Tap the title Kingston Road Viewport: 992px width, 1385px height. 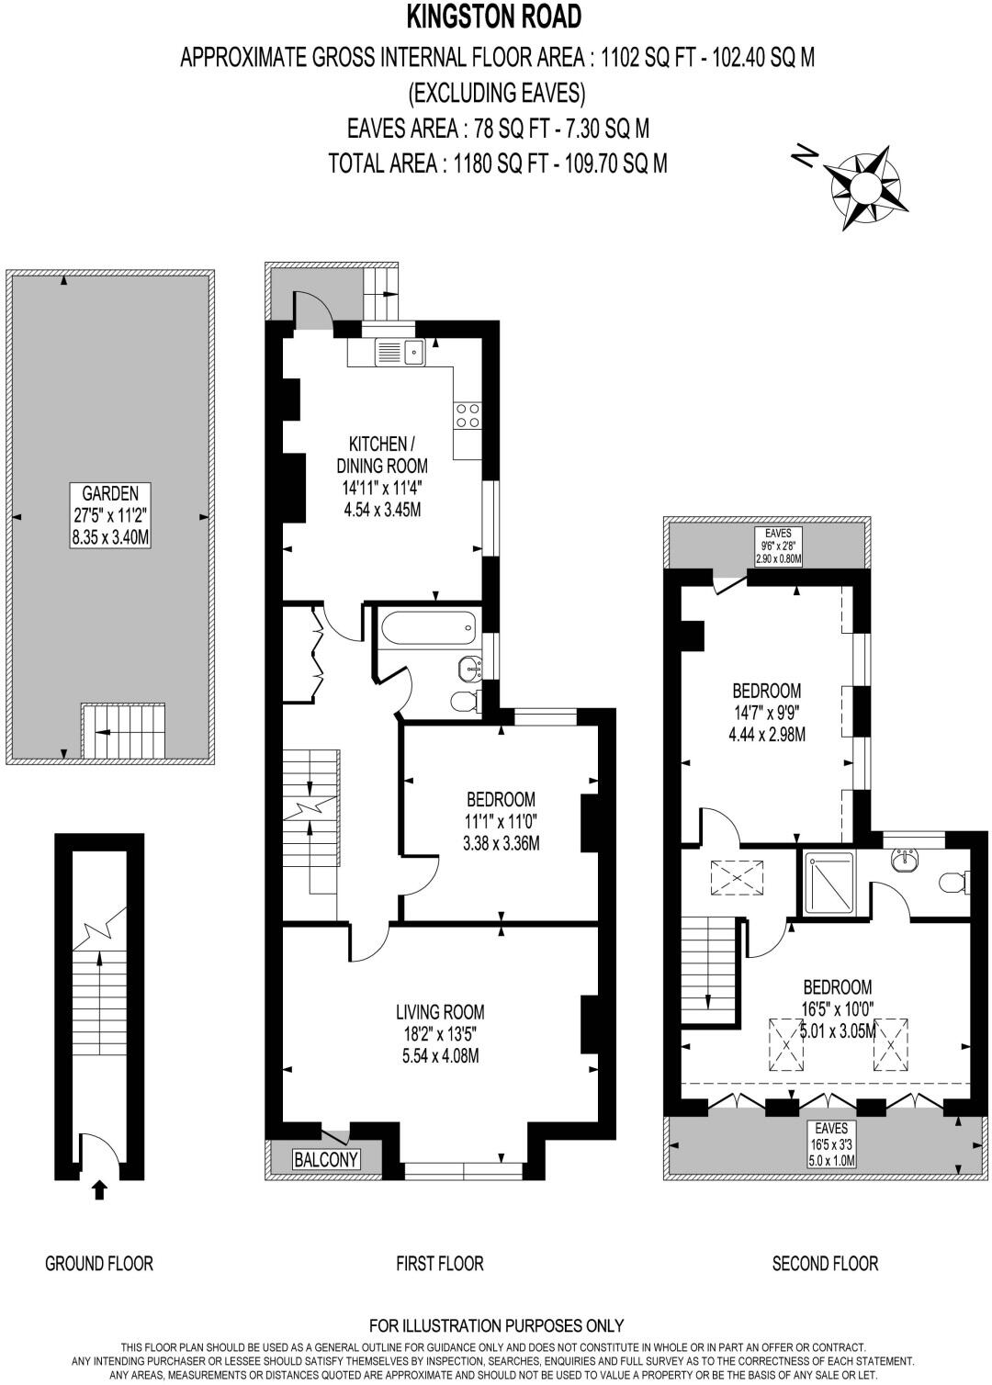[496, 17]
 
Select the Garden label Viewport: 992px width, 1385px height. [109, 492]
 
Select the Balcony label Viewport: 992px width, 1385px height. [325, 1159]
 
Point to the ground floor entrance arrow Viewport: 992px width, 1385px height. [99, 1190]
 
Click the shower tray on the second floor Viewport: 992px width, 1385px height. [829, 884]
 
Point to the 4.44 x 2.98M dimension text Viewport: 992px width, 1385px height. [766, 734]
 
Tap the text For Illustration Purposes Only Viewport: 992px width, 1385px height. [496, 1325]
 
